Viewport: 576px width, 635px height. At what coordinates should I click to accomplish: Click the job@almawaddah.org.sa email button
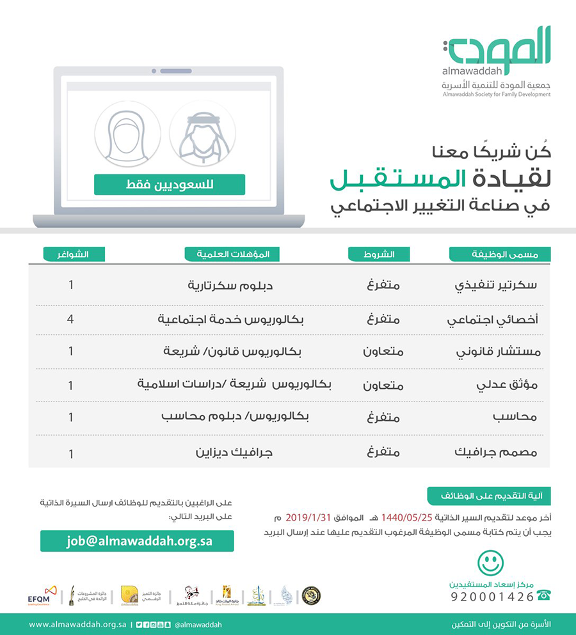click(x=137, y=541)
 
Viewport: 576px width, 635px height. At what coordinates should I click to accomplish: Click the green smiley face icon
click(x=491, y=563)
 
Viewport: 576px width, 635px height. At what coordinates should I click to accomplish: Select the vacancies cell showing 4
click(x=70, y=317)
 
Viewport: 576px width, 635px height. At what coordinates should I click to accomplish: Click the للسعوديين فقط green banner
click(x=170, y=185)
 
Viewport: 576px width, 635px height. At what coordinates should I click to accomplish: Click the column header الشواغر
click(x=74, y=254)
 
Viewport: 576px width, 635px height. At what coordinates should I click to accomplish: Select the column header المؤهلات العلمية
click(x=227, y=254)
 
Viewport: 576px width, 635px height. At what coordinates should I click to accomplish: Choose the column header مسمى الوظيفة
click(x=500, y=254)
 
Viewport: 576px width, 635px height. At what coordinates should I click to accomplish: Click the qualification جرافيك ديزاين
click(x=234, y=452)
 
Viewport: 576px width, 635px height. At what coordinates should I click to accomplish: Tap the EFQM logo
click(x=44, y=594)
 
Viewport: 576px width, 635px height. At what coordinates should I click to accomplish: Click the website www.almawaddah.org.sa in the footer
click(x=77, y=624)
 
